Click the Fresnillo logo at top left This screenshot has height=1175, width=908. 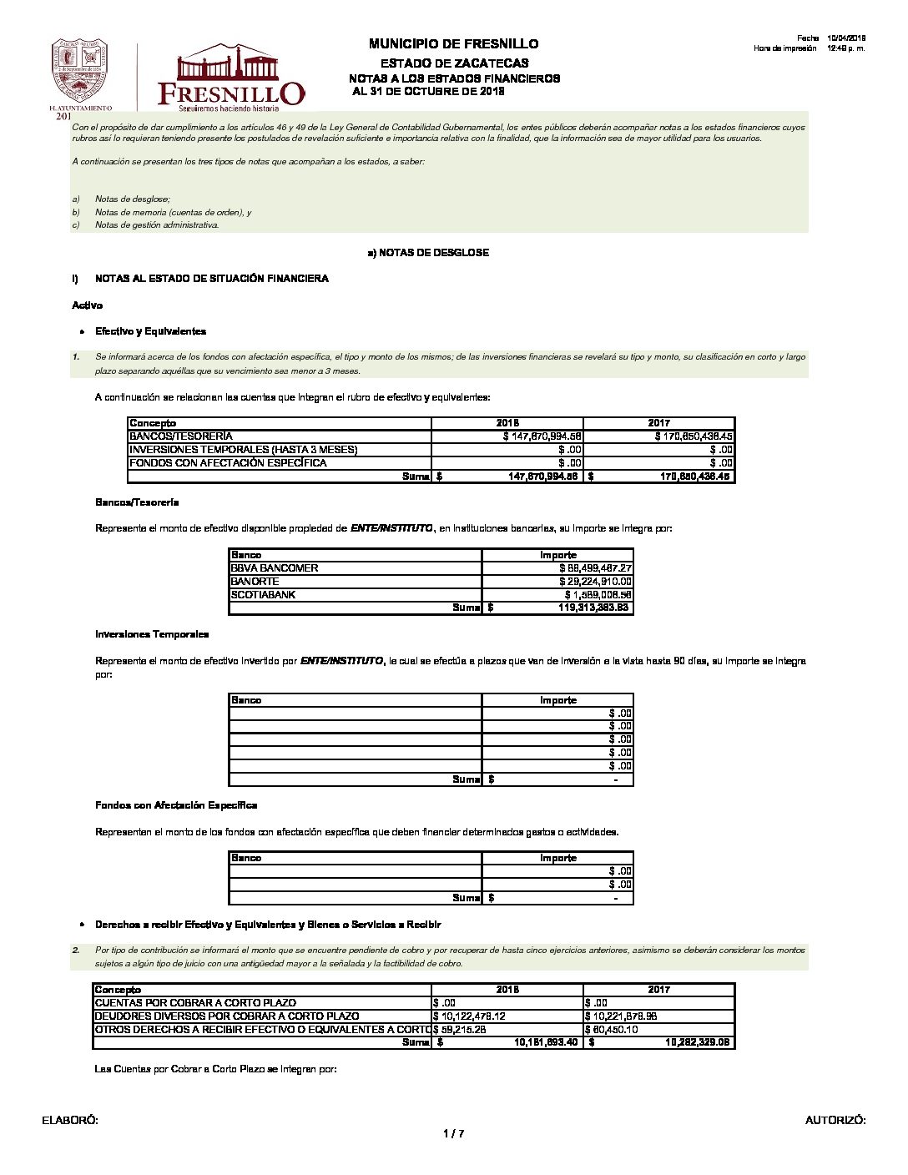[x=230, y=78]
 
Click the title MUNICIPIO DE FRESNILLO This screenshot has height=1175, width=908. [x=453, y=44]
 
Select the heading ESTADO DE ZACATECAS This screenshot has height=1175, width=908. [x=454, y=63]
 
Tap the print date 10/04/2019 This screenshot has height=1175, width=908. [x=846, y=38]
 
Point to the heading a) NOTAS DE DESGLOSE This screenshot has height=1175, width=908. [x=428, y=253]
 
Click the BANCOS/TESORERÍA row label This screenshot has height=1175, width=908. [x=181, y=436]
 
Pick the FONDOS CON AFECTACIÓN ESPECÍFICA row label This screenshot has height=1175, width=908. [x=228, y=463]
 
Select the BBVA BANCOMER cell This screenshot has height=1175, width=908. [x=275, y=568]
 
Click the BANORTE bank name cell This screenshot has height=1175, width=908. [x=255, y=582]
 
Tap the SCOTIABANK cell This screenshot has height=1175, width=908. [x=263, y=595]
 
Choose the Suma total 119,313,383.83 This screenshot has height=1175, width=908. [x=593, y=608]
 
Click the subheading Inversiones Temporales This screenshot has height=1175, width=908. [x=152, y=634]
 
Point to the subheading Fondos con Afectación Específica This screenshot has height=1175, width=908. [x=176, y=805]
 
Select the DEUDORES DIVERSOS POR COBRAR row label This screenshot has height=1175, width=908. [x=227, y=1016]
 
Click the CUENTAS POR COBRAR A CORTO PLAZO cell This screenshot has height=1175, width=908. [x=195, y=1003]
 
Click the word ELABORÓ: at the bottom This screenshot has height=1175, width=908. [x=70, y=1121]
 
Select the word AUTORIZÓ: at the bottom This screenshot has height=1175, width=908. [x=835, y=1121]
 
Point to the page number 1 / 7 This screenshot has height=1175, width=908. [x=453, y=1133]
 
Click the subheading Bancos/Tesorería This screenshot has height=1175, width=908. [x=137, y=502]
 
